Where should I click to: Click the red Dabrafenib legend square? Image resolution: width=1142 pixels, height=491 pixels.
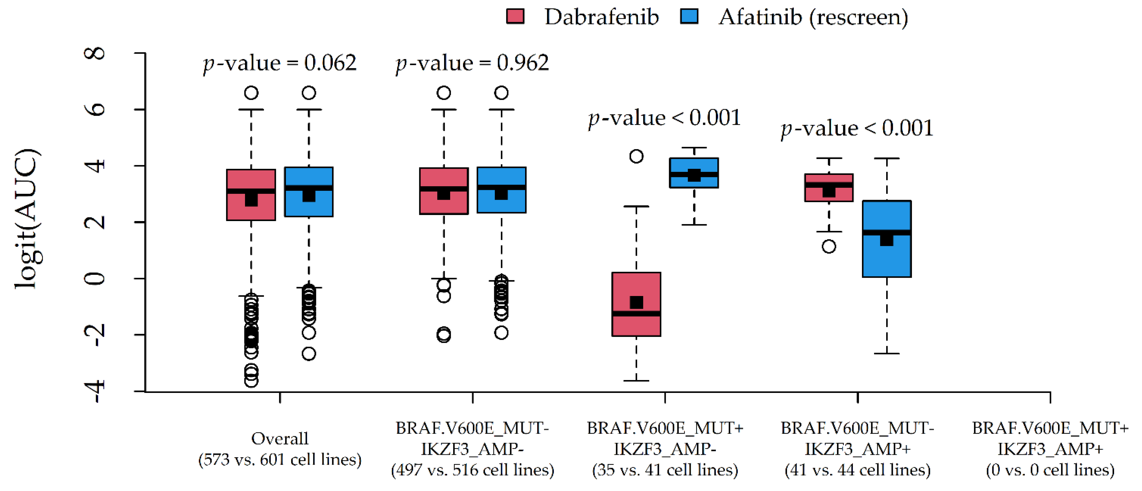[515, 16]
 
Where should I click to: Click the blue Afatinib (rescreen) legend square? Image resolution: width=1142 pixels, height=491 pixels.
[689, 16]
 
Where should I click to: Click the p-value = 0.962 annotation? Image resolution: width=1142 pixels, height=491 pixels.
[472, 63]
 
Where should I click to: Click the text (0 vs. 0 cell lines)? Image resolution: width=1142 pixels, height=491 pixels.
[1050, 470]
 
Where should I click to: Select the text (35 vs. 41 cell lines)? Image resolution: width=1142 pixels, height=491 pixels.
[665, 470]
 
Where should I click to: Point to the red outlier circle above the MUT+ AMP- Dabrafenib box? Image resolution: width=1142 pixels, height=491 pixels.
[636, 156]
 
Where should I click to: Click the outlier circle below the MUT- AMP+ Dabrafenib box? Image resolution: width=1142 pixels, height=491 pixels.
[829, 246]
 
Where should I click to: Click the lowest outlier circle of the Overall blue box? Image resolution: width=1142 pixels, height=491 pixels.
[309, 354]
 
